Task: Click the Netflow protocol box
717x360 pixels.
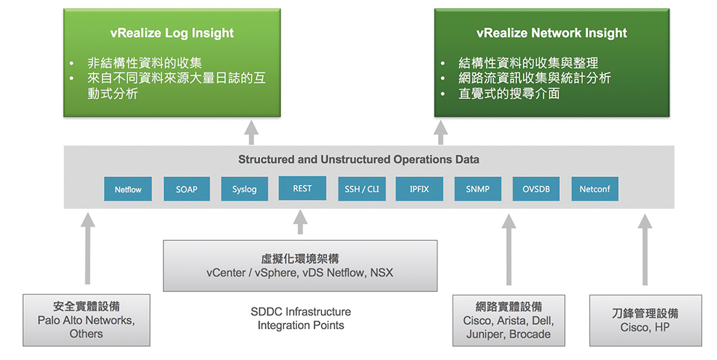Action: tap(128, 190)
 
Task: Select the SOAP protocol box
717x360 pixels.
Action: tap(186, 190)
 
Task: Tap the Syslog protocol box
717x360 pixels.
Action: tap(244, 190)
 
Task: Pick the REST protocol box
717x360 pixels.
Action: tap(302, 189)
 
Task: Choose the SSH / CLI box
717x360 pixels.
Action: tap(361, 189)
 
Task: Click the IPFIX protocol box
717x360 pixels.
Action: tap(419, 189)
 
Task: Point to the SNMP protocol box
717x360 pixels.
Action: tap(478, 189)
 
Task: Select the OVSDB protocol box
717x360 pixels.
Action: tap(536, 189)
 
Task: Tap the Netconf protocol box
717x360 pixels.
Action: tap(594, 190)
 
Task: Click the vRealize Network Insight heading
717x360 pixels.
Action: tap(551, 33)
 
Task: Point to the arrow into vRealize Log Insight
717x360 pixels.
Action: tap(250, 133)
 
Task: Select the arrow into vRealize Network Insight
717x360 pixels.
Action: tap(441, 133)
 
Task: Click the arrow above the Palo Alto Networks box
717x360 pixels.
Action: tap(87, 247)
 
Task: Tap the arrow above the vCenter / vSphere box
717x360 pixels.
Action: tap(300, 223)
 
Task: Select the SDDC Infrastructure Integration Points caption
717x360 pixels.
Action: tap(300, 318)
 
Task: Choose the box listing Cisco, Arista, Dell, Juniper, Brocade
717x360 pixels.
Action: tap(508, 321)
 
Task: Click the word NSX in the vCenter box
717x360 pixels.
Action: tap(381, 273)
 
